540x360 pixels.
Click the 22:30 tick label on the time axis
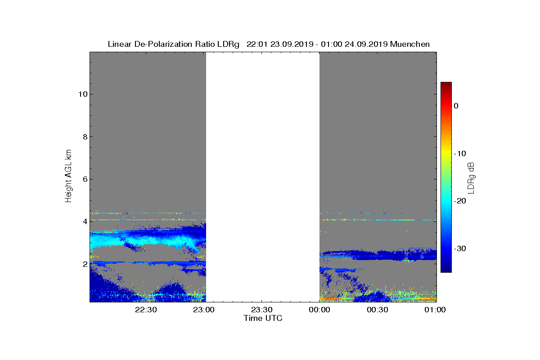click(x=146, y=310)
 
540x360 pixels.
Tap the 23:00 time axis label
click(x=204, y=310)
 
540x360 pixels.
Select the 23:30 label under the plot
click(x=261, y=310)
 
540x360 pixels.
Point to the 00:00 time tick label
click(x=319, y=310)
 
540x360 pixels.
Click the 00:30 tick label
click(x=377, y=310)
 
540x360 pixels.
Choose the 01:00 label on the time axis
click(x=435, y=310)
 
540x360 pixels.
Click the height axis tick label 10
click(x=83, y=94)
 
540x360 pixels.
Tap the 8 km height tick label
click(x=85, y=137)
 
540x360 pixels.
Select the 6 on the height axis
click(x=85, y=179)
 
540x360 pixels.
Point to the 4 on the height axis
click(x=85, y=221)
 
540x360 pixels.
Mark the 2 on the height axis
click(x=85, y=264)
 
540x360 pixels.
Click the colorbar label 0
click(x=456, y=106)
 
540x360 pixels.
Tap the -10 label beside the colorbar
click(x=460, y=153)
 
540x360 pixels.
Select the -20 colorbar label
click(x=460, y=201)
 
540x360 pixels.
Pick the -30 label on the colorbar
click(x=460, y=248)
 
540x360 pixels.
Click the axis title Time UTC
click(x=263, y=318)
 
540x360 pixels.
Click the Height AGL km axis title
click(x=68, y=176)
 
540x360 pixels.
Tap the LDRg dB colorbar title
click(x=471, y=178)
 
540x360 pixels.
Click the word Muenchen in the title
click(x=410, y=44)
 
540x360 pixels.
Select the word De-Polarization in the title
click(x=163, y=44)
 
